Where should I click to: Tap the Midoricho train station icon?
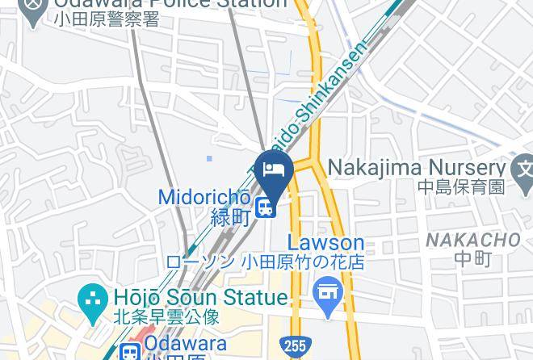[264, 208]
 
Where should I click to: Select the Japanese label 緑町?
[230, 217]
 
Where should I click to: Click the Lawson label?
[326, 243]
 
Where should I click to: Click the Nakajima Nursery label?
[416, 169]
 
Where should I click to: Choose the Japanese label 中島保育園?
[461, 188]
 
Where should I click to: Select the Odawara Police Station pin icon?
[32, 10]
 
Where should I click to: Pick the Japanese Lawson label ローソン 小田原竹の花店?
[264, 262]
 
